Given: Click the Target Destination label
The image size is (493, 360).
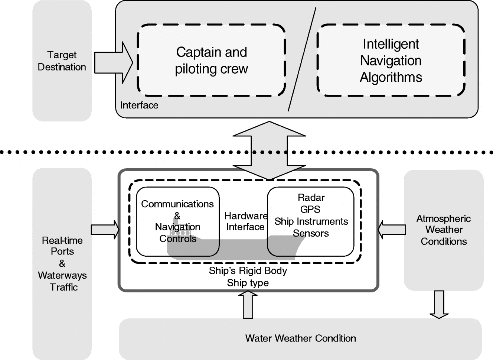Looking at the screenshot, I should [x=62, y=61].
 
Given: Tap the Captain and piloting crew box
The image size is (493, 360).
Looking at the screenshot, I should [x=211, y=60].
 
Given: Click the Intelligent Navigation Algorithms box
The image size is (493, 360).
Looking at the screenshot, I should [x=391, y=61].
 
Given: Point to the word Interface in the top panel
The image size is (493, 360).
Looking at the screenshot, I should [x=139, y=106].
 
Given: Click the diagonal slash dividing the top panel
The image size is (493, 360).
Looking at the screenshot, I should [x=302, y=59].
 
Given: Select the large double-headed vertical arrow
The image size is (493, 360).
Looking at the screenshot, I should [x=269, y=150].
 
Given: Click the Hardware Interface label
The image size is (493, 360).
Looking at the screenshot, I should [x=245, y=221].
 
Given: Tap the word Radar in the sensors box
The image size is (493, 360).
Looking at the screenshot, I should [x=311, y=198].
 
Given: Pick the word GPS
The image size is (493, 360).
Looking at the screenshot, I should [x=310, y=210].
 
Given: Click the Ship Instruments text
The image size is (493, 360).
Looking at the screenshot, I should [x=311, y=221].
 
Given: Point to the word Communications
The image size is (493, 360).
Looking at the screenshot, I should [x=177, y=204].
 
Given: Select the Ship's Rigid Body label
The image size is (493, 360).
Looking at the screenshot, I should [x=248, y=271].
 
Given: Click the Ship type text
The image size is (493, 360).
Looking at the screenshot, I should [x=248, y=283].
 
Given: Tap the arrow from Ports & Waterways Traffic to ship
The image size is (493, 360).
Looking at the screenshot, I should [x=105, y=230].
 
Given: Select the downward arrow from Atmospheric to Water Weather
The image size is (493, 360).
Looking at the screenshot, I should [x=439, y=304].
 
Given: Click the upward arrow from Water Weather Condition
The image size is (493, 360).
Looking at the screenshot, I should [x=248, y=305].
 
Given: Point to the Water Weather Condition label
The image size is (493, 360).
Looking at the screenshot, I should [x=300, y=338].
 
